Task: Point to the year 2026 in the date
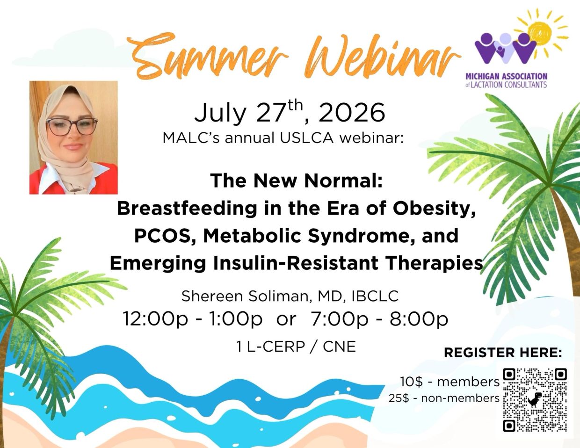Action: pyautogui.click(x=352, y=113)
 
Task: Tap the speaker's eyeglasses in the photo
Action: pyautogui.click(x=72, y=126)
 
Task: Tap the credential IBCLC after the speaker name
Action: pyautogui.click(x=375, y=296)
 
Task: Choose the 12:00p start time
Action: pyautogui.click(x=155, y=319)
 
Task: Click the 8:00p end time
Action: pyautogui.click(x=419, y=319)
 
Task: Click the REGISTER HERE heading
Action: pyautogui.click(x=503, y=353)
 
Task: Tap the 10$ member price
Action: pyautogui.click(x=411, y=382)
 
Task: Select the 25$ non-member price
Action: pyautogui.click(x=399, y=398)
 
